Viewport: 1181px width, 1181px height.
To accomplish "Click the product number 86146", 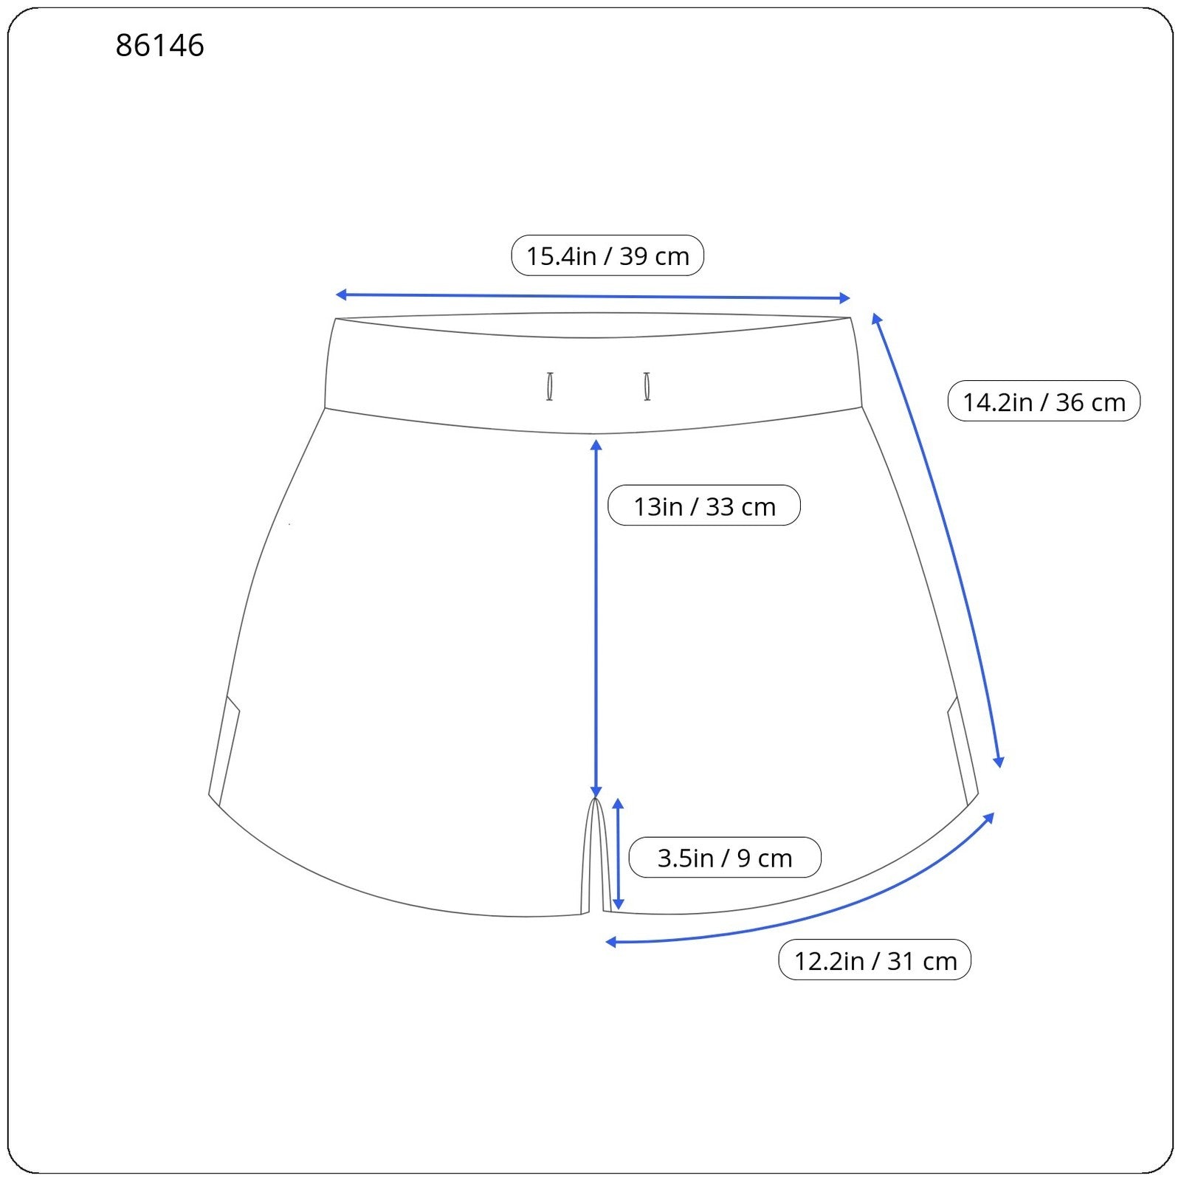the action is (x=159, y=45).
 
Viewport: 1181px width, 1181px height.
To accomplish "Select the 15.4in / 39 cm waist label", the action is (x=607, y=255).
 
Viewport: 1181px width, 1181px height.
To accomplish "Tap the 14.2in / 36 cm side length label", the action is (x=1044, y=402).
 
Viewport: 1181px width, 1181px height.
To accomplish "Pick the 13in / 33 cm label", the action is (x=704, y=506).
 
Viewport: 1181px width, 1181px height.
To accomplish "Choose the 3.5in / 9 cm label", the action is (x=725, y=858).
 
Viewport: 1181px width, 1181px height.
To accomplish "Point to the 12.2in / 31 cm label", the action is (x=875, y=960).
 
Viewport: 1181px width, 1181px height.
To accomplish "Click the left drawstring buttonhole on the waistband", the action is (x=550, y=387).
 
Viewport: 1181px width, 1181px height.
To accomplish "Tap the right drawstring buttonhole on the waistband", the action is (x=647, y=387).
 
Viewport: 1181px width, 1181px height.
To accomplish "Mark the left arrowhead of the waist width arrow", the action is (x=340, y=295).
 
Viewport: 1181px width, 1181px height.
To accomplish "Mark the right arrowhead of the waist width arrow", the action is (x=845, y=298).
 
